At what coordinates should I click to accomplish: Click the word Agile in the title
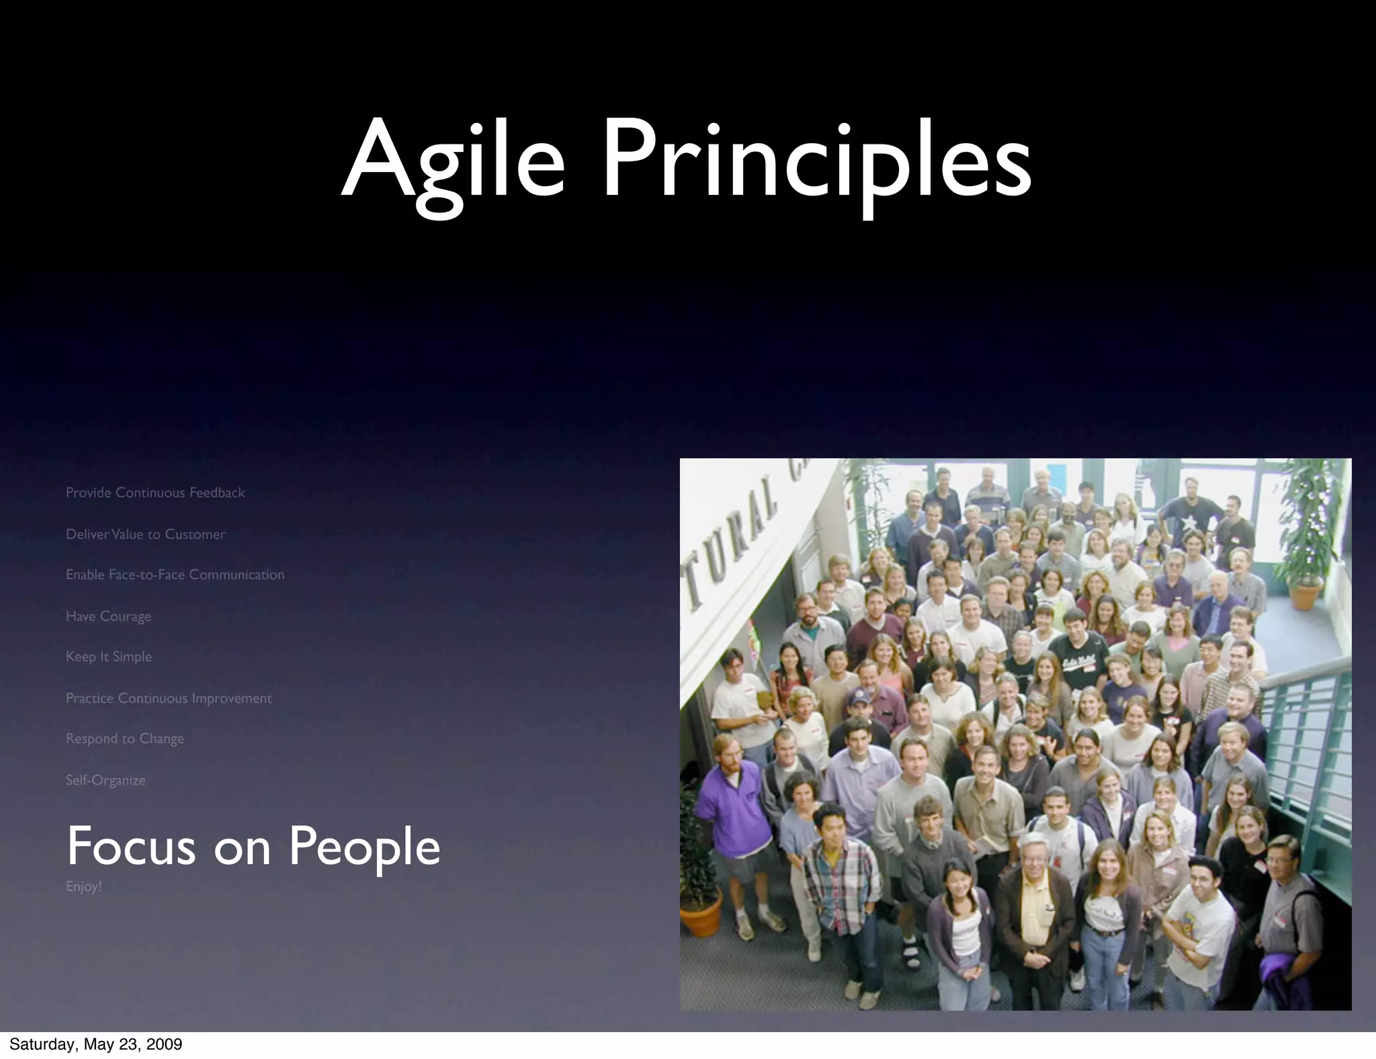point(454,161)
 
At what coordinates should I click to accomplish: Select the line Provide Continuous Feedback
point(155,493)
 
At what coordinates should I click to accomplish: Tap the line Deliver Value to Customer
point(145,534)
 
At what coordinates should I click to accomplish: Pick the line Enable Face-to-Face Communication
point(175,575)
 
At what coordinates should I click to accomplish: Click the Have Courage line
point(108,616)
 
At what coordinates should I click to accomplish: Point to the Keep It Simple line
point(109,656)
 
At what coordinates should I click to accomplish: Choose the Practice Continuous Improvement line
point(169,698)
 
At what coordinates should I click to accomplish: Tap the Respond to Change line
point(124,738)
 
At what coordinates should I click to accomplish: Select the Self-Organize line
point(105,780)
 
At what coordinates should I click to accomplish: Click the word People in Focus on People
point(364,847)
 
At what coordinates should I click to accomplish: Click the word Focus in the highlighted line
point(131,847)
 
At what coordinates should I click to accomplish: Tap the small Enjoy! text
point(83,886)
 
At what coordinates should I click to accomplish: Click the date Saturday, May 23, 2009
point(95,1044)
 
